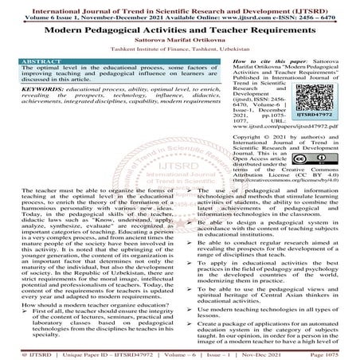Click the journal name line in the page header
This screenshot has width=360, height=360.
tap(180, 6)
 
